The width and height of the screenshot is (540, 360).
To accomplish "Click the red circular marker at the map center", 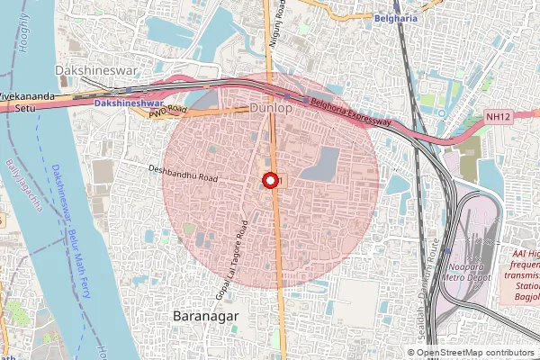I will click(x=269, y=180).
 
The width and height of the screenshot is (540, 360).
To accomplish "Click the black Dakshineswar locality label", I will click(x=94, y=68).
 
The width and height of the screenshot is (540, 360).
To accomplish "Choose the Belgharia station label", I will click(x=400, y=16).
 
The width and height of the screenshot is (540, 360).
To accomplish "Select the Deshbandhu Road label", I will click(x=184, y=174).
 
